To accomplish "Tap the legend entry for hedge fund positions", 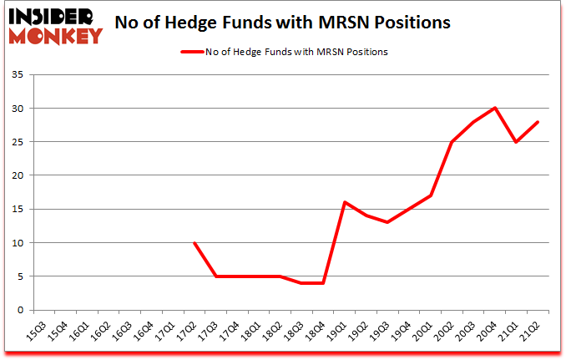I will [284, 51].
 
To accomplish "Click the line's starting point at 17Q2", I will [194, 243].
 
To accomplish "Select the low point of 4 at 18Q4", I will [323, 283].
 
